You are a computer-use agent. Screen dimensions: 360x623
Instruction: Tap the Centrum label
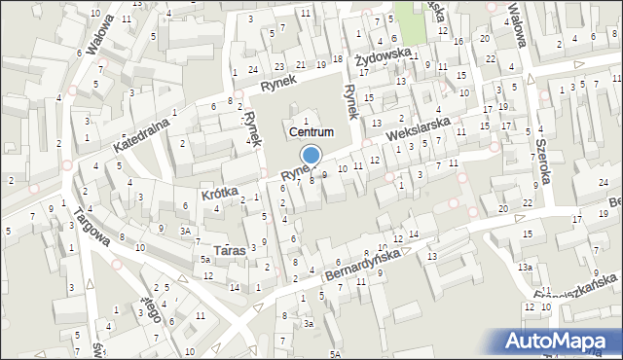pos(311,131)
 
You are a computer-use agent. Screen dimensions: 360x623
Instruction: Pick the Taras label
pos(230,250)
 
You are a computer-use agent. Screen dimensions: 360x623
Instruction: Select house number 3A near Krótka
pos(184,231)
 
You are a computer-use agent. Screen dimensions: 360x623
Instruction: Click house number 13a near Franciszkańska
pos(526,267)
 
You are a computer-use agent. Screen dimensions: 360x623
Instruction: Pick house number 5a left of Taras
pos(205,260)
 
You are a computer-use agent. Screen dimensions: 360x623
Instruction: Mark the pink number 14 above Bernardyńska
pos(413,234)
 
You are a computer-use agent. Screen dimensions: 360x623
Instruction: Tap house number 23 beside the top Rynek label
pos(279,67)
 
